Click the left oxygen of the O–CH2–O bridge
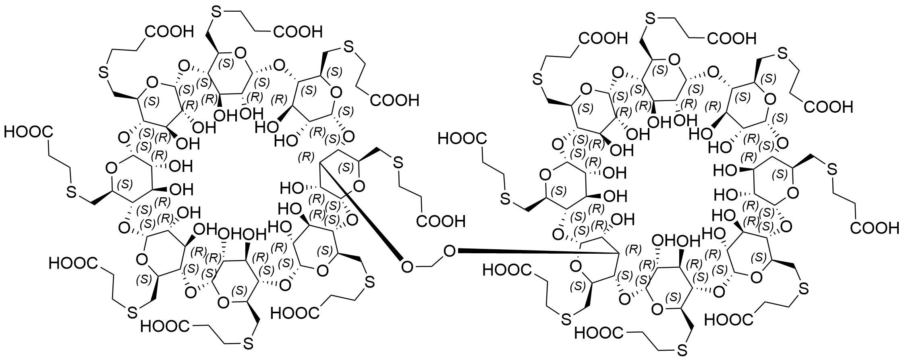(407, 266)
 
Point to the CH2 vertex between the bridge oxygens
(429, 266)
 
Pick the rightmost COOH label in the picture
(875, 228)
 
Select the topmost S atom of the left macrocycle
(216, 13)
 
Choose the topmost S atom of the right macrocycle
(649, 18)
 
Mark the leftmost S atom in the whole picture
(71, 192)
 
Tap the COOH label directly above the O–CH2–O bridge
(441, 221)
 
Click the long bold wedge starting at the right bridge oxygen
(536, 252)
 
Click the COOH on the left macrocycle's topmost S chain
(298, 31)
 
